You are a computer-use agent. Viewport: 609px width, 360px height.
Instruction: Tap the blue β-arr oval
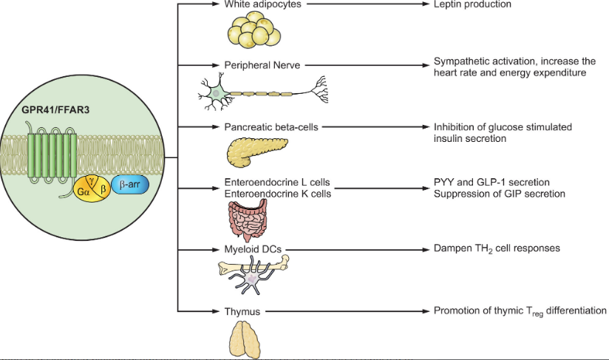(129, 186)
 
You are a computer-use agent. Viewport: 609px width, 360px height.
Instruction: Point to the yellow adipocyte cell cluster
(253, 31)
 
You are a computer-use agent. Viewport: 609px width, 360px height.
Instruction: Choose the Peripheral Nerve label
(262, 65)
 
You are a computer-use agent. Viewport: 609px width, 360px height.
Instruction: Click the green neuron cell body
(218, 92)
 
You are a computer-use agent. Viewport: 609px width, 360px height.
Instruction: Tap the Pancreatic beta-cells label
(271, 127)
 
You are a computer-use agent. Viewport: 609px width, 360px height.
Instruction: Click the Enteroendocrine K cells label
(277, 194)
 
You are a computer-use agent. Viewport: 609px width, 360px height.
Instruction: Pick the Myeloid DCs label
(254, 249)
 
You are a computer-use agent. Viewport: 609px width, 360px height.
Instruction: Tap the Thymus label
(242, 312)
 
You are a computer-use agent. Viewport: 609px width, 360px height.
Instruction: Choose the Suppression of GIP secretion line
(489, 194)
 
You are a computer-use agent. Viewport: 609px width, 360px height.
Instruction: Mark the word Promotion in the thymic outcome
(456, 311)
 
